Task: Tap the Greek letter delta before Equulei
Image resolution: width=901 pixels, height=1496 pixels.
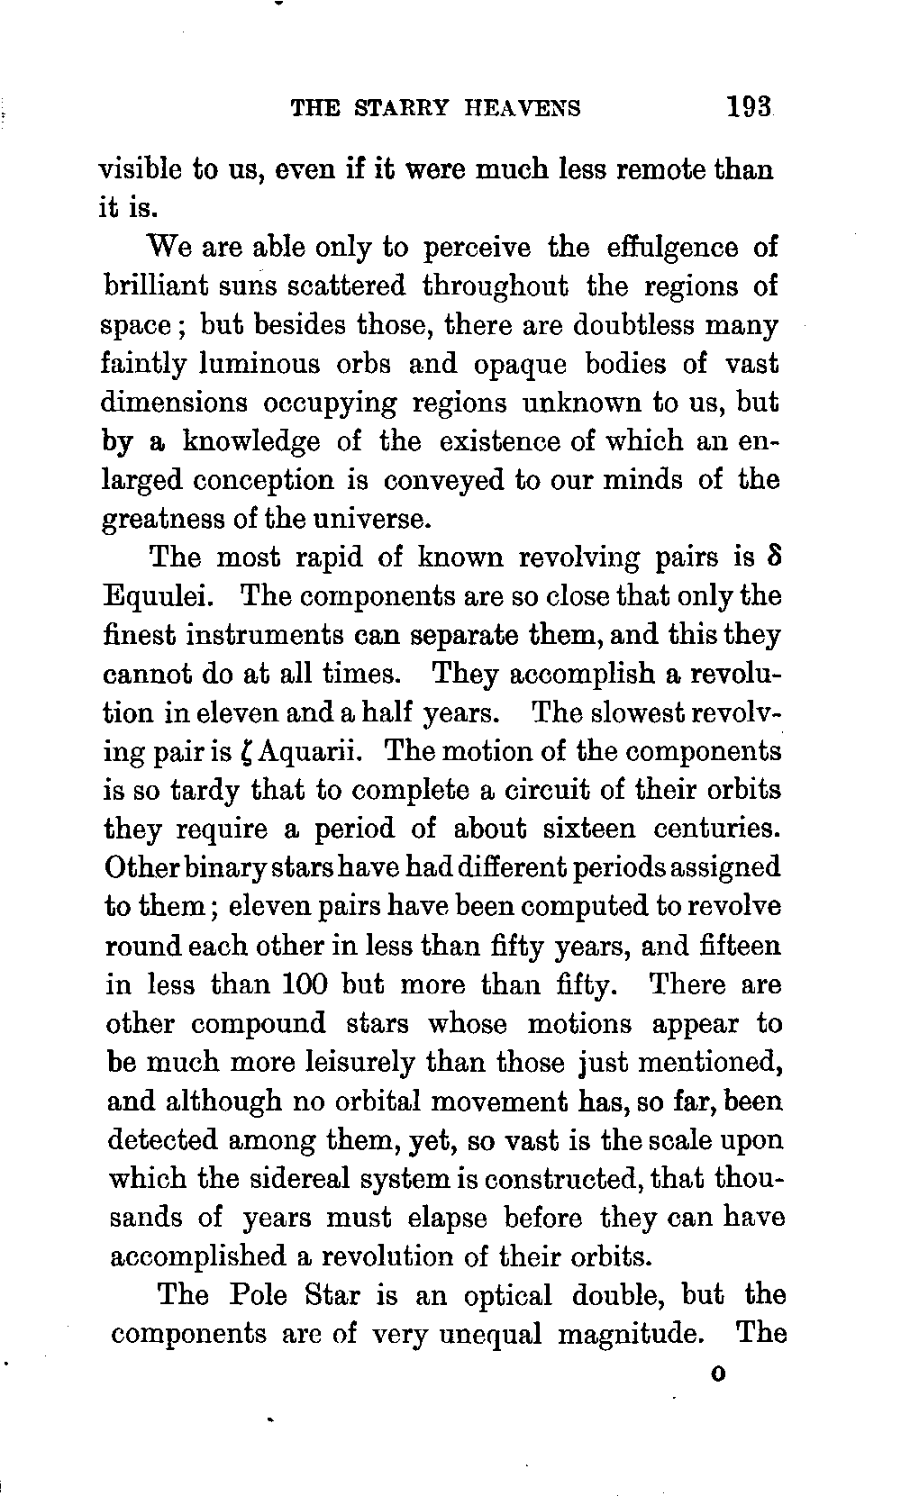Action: [772, 557]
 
